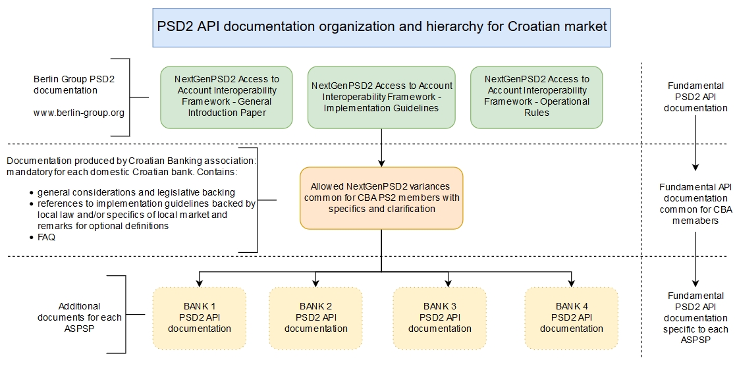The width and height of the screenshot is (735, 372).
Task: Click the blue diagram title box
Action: tap(381, 27)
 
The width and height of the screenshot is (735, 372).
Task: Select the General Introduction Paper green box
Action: tap(227, 97)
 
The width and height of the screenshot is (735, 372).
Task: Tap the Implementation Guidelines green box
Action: tap(381, 97)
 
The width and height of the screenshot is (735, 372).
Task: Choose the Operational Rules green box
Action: tap(536, 97)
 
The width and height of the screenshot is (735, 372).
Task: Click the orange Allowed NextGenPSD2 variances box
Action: tap(381, 198)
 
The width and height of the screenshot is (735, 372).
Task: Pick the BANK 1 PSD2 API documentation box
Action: tap(199, 318)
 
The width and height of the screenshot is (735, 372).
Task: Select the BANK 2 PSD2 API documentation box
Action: tap(315, 318)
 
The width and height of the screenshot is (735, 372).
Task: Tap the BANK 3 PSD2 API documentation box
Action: tap(440, 318)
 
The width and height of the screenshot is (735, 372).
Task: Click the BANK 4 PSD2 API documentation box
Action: tap(572, 318)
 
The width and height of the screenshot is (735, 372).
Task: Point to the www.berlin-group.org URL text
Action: tap(79, 113)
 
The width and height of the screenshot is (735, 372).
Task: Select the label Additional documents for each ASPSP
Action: tap(79, 317)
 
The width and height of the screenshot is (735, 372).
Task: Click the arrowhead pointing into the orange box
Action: tap(381, 163)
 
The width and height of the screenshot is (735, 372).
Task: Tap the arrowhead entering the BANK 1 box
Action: tap(199, 283)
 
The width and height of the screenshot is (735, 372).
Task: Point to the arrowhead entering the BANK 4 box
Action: tap(572, 283)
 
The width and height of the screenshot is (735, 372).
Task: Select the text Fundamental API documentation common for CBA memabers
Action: tap(695, 204)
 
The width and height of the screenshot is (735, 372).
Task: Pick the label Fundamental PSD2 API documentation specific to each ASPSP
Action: tap(695, 317)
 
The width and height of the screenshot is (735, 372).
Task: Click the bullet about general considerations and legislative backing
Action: tap(132, 192)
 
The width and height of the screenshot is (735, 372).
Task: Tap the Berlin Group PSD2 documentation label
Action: tap(74, 85)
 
